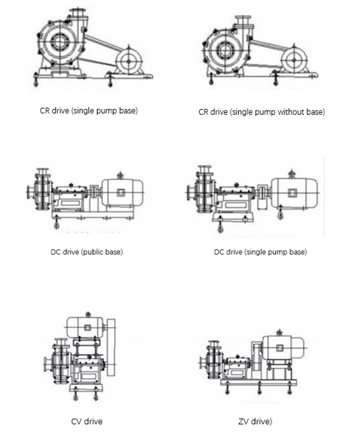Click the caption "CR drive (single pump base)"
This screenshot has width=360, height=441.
88,111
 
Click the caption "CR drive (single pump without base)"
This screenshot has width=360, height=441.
262,112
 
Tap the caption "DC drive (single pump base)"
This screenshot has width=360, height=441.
260,252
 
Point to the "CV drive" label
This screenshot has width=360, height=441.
87,421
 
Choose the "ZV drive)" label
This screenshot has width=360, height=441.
255,421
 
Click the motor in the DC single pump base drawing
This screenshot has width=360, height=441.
292,193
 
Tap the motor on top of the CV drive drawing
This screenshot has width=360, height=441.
85,329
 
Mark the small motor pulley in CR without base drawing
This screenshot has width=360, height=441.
297,60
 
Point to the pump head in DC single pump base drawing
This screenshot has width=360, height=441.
201,192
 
